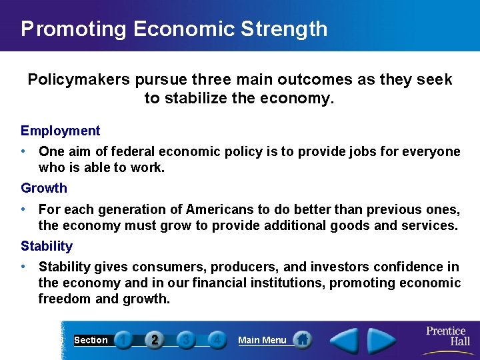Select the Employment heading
[x=60, y=131]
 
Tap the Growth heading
[x=44, y=188]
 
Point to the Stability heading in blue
[x=47, y=246]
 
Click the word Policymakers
[x=79, y=80]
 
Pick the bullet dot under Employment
[x=24, y=151]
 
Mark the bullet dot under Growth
[x=24, y=209]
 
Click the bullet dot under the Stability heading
[x=24, y=267]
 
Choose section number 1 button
[x=123, y=340]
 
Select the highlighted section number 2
[x=155, y=340]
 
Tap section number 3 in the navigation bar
[x=186, y=340]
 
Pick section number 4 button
[x=216, y=340]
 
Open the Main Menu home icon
[x=302, y=340]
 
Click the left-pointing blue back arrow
[x=344, y=341]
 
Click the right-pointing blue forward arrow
[x=382, y=341]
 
